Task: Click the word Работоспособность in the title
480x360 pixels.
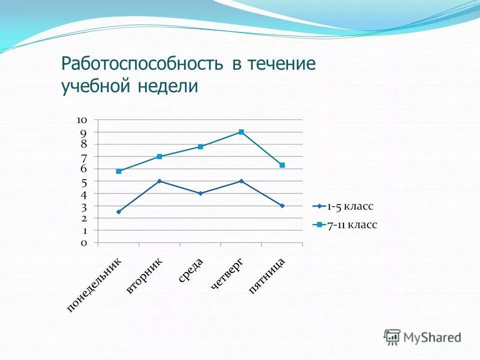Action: [141, 64]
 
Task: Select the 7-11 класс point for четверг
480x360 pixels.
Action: [241, 132]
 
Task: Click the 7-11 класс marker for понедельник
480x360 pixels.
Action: [118, 171]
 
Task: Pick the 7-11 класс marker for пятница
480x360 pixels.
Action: [282, 165]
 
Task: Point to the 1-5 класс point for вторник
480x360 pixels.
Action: [159, 181]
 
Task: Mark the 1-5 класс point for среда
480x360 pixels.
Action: [200, 193]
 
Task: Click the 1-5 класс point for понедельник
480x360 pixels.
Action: [118, 212]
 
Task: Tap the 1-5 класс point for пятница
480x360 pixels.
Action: [282, 205]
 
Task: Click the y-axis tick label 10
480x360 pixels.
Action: [82, 120]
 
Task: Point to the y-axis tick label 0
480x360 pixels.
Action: [83, 243]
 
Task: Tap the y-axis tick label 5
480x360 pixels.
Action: [83, 181]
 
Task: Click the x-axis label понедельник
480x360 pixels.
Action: [94, 285]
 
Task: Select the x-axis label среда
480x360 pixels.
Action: [190, 270]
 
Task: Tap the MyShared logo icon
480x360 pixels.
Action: [392, 336]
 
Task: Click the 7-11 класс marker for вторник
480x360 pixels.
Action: [159, 156]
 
